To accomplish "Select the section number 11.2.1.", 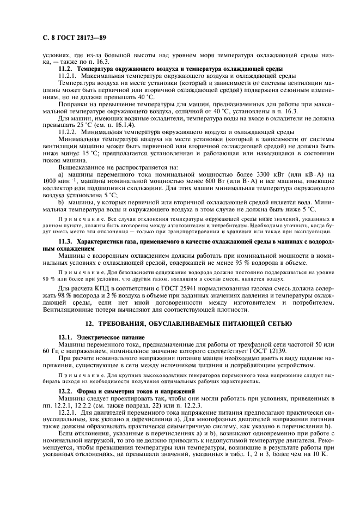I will pyautogui.click(x=68, y=75).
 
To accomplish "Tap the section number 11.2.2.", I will pyautogui.click(x=68, y=132).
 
